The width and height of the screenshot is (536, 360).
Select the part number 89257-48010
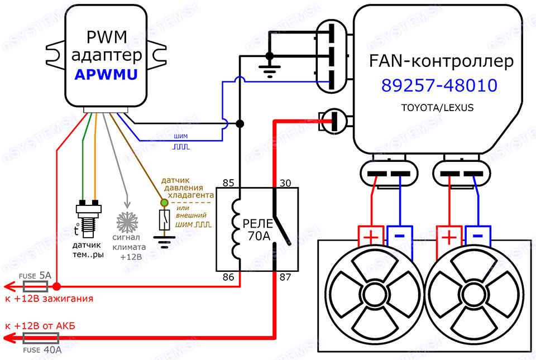point(439,85)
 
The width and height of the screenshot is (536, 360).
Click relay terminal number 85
point(227,182)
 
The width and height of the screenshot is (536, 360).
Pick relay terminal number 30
point(285,182)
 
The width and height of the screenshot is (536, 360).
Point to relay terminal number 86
point(227,276)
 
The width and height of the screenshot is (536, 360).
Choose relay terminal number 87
point(285,276)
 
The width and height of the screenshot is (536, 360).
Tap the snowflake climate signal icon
point(127,222)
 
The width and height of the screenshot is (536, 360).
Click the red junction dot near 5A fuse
point(57,287)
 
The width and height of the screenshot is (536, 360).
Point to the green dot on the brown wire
point(164,203)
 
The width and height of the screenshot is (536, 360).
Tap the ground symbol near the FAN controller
point(269,69)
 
